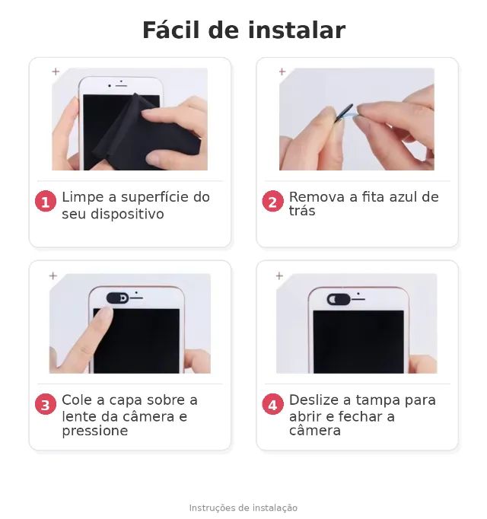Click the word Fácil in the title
pos(171,30)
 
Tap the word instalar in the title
pos(297,30)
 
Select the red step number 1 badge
pos(46,201)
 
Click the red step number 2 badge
pos(272,201)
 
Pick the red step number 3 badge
pos(46,404)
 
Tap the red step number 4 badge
pos(272,404)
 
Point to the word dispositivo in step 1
pos(127,214)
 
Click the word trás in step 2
pos(302,211)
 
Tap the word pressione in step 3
pos(95,431)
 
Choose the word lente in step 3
pos(79,417)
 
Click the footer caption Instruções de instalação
pos(243,508)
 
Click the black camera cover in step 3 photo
pos(118,298)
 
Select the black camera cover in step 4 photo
pos(339,299)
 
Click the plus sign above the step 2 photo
pos(282,72)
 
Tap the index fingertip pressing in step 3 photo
pos(104,313)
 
